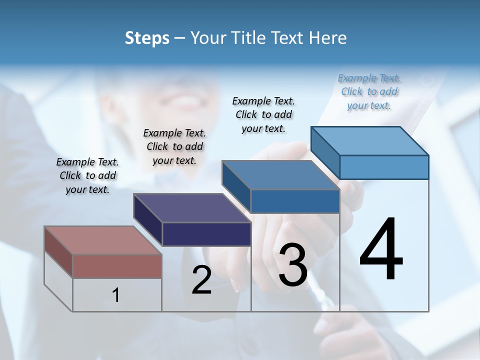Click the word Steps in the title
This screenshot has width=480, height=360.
pos(147,38)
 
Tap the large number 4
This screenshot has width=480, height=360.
pos(381,250)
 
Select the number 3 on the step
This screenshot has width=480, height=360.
pos(293,265)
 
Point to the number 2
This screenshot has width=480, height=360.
pos(202,280)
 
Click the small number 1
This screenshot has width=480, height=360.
pos(116,295)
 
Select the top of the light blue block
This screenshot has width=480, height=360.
pos(369,140)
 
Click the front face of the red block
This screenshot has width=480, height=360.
pos(117,266)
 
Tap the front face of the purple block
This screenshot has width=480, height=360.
pos(206,234)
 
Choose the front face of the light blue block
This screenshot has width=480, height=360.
pos(384,167)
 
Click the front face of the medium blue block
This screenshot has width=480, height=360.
pos(295,201)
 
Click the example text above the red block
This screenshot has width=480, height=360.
pos(87,175)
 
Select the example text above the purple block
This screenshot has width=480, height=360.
pos(174,146)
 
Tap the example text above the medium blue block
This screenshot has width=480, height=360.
pos(263,114)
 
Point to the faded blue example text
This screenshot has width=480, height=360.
pos(369,91)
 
